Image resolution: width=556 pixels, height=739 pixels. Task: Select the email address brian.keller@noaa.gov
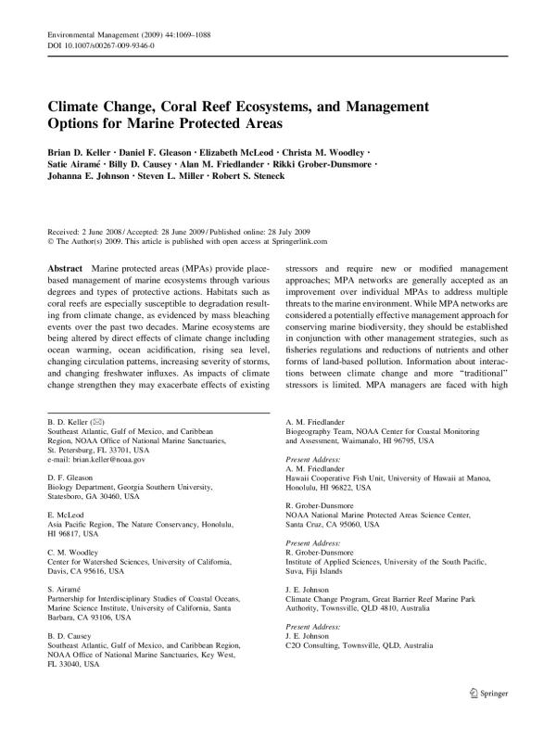click(103, 459)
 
